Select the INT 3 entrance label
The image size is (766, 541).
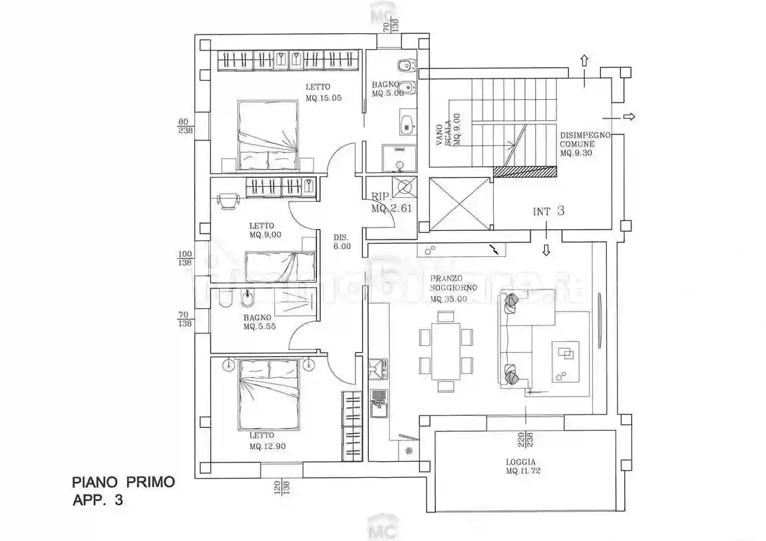[x=548, y=212]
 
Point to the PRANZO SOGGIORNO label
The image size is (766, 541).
[x=453, y=289]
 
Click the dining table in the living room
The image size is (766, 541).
[x=446, y=351]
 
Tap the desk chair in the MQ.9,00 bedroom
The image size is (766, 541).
[x=228, y=199]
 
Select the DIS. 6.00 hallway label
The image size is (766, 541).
[x=342, y=242]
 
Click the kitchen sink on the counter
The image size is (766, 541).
[x=378, y=403]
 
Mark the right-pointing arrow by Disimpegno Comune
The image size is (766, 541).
[x=628, y=116]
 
